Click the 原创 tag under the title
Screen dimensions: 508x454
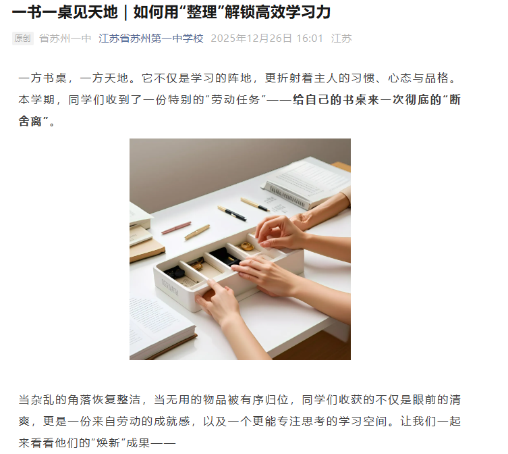pyautogui.click(x=23, y=39)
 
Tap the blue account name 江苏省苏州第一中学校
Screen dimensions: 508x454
pyautogui.click(x=151, y=39)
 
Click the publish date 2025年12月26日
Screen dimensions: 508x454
pyautogui.click(x=252, y=39)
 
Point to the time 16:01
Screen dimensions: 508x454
pyautogui.click(x=310, y=39)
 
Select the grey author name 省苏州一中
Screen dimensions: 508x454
pyautogui.click(x=65, y=39)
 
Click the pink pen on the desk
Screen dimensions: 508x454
pyautogui.click(x=176, y=228)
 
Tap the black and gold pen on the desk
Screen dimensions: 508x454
pyautogui.click(x=232, y=213)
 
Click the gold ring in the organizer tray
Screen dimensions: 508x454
pyautogui.click(x=247, y=247)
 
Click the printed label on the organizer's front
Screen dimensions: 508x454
pyautogui.click(x=170, y=287)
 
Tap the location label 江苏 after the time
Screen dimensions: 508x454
pyautogui.click(x=341, y=39)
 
